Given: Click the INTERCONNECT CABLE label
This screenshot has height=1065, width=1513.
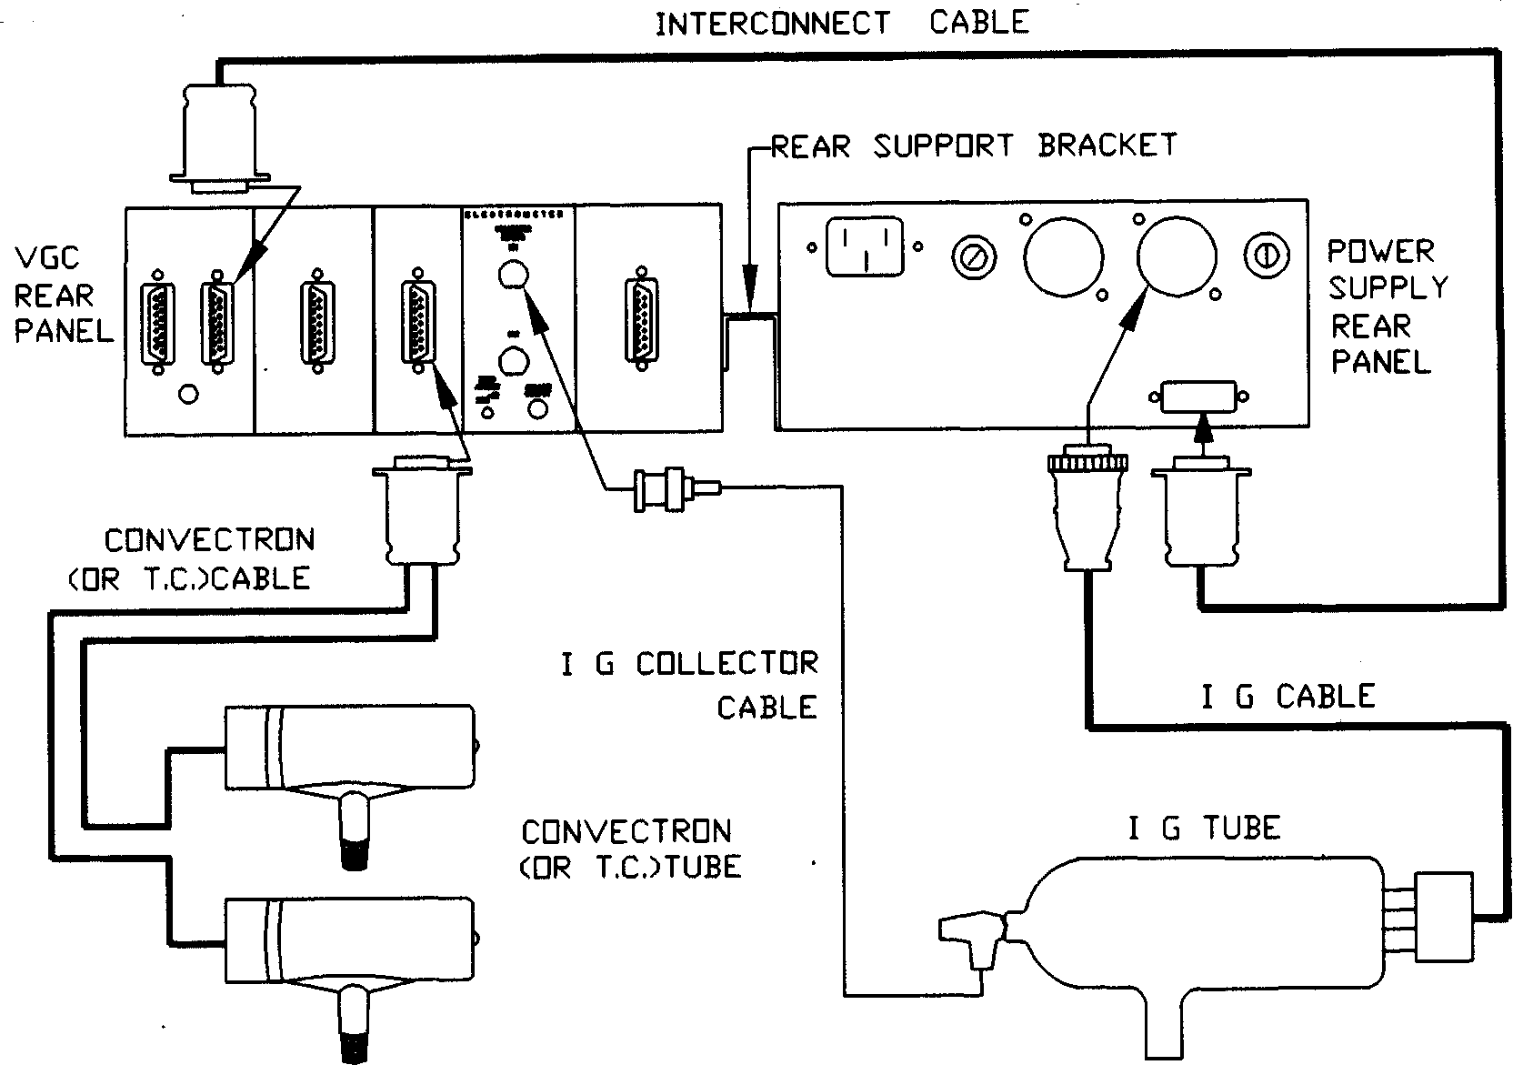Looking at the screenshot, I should click(841, 22).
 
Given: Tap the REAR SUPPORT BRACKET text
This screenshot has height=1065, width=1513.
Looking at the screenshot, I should click(974, 146).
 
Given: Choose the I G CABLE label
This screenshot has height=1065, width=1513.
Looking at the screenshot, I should click(1288, 697).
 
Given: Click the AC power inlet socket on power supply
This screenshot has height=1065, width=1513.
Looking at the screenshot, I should click(864, 246).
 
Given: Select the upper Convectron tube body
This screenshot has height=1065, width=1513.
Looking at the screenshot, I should click(350, 746).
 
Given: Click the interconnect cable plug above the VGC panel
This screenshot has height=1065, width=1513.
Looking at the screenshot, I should click(218, 136).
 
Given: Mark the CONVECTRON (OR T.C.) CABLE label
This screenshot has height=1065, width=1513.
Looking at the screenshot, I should click(209, 558).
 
